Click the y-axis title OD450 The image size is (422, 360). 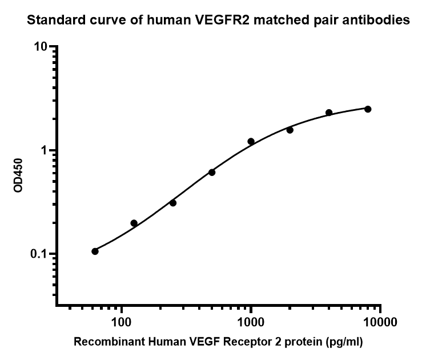[18, 175]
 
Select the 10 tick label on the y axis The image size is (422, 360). [39, 46]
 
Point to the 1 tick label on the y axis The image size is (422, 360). [43, 150]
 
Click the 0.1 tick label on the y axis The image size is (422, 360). [38, 254]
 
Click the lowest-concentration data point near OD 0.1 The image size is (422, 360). [95, 251]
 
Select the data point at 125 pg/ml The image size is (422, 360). [134, 223]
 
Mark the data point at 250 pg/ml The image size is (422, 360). [173, 203]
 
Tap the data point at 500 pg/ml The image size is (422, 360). [212, 172]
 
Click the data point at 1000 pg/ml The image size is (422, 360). [251, 141]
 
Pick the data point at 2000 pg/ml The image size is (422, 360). [290, 130]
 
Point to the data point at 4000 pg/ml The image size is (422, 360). [329, 113]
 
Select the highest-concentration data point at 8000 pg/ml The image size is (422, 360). [368, 109]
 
